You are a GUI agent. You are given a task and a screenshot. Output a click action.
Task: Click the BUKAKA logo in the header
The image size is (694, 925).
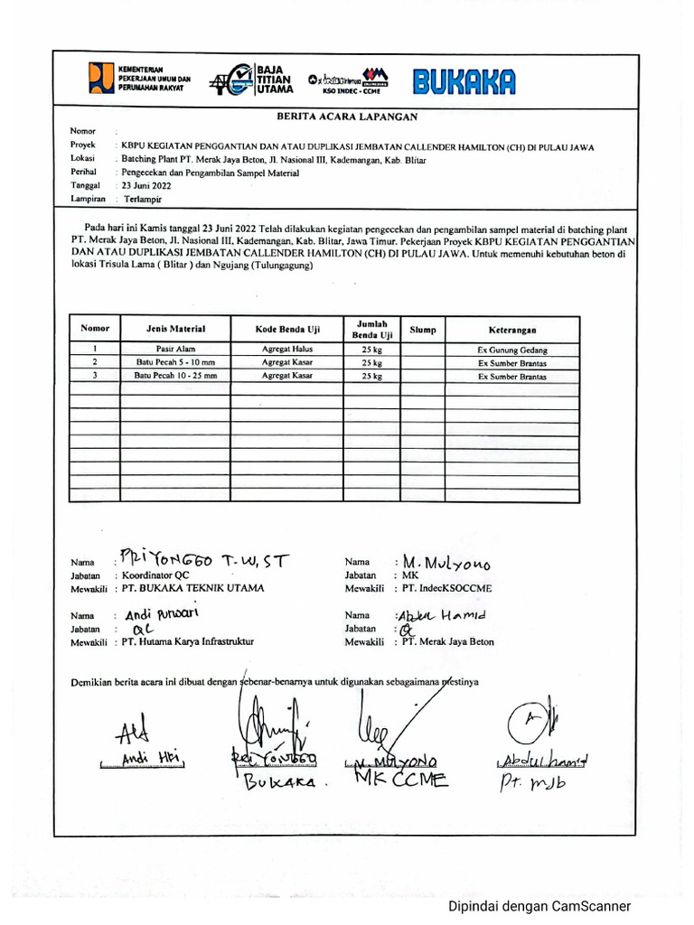coord(464,82)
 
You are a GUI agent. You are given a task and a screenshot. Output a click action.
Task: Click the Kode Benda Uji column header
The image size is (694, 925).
coord(287,330)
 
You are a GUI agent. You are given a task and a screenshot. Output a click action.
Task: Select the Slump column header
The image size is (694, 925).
coord(422,330)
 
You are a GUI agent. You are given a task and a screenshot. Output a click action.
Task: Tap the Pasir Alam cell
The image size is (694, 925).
coord(175,349)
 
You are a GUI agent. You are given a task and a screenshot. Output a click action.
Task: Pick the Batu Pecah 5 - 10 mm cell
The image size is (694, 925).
coord(175,362)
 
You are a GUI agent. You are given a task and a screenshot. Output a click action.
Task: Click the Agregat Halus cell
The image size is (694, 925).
coord(287,349)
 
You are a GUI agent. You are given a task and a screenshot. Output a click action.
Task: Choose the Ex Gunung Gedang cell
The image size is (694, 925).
coord(512,350)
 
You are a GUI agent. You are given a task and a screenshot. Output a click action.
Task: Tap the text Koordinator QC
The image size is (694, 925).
coord(156,575)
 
